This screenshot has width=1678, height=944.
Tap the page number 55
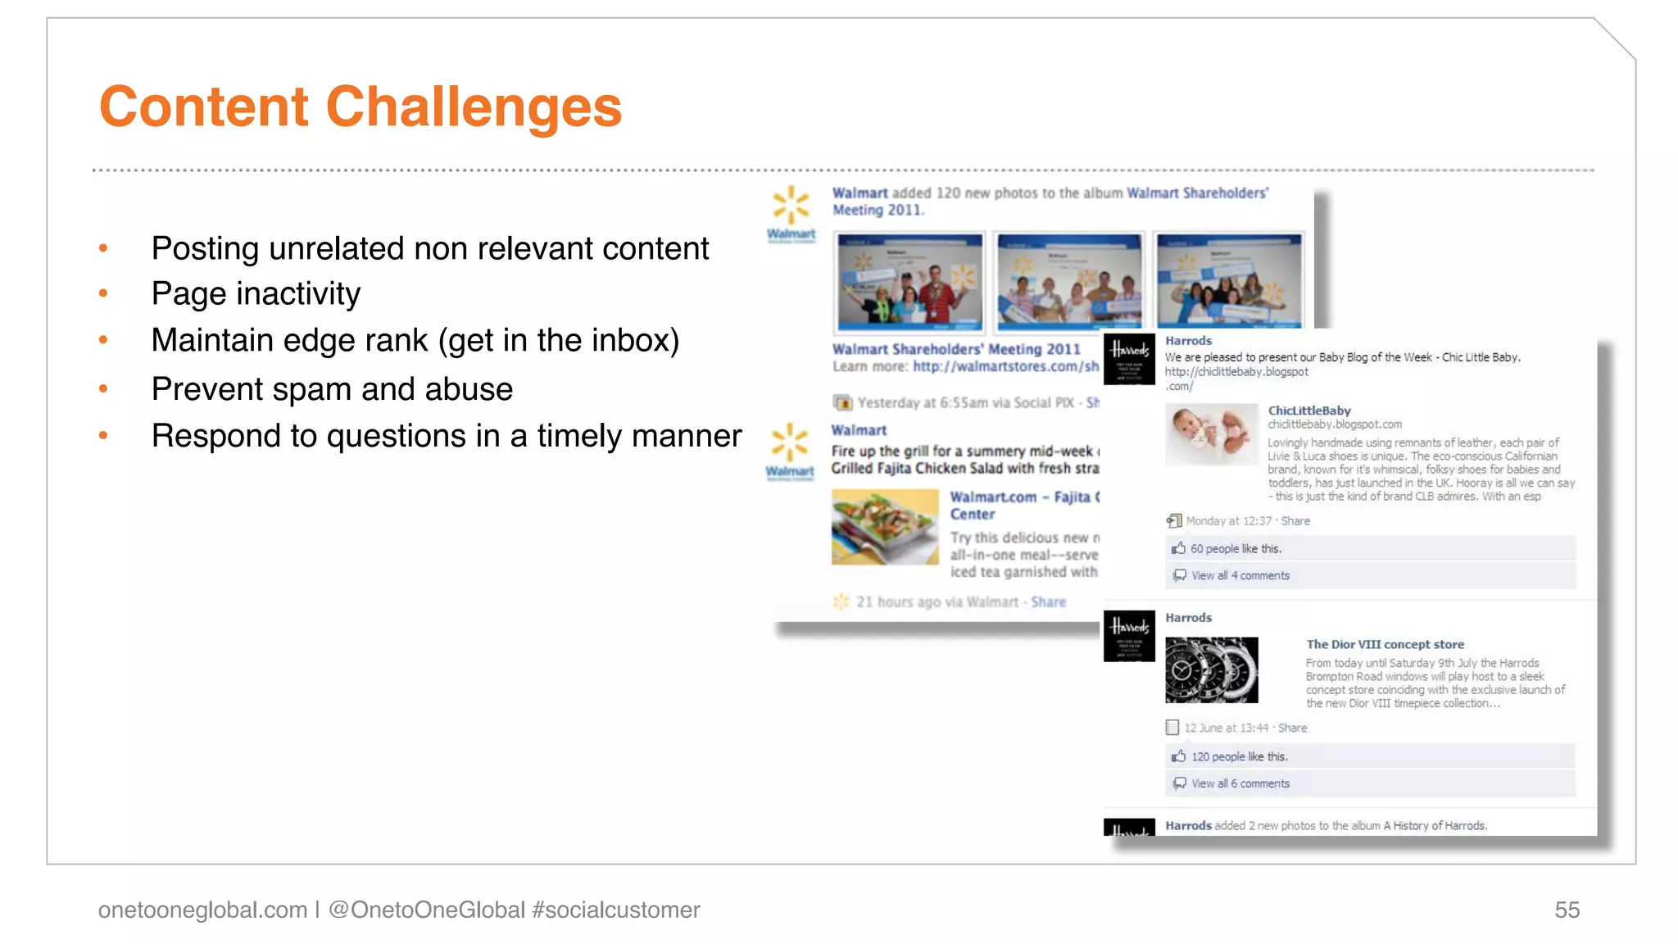pos(1567,910)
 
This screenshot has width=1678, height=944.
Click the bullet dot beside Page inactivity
pos(103,293)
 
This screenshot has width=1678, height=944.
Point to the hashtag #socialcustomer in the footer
pos(615,910)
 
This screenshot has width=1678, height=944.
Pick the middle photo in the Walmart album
pos(1068,281)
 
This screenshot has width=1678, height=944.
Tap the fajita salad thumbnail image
pos(885,527)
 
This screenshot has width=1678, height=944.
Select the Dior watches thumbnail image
pos(1211,669)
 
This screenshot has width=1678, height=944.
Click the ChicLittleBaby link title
pos(1308,411)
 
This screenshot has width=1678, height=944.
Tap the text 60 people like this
pos(1236,549)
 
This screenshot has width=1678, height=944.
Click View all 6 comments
pos(1240,783)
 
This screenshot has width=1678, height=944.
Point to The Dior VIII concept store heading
pos(1385,645)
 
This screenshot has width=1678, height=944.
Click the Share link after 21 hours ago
pos(1048,602)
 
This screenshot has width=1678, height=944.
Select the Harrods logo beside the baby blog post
pos(1129,359)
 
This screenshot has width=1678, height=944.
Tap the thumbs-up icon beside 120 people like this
pos(1178,756)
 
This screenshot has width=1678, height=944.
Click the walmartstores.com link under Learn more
pos(1005,366)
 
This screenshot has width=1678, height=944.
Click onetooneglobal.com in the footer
pos(202,910)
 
